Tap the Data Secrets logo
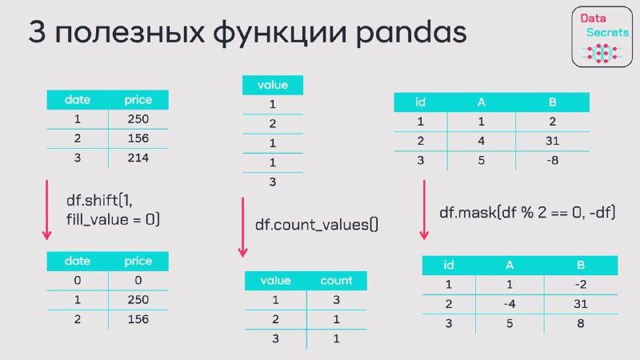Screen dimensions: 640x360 [602, 37]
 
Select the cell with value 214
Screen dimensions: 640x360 [138, 158]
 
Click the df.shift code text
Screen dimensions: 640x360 [113, 210]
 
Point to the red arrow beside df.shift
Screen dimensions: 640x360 [47, 210]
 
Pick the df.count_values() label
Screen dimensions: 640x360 [316, 225]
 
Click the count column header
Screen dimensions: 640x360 [336, 281]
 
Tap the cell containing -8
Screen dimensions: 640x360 [552, 161]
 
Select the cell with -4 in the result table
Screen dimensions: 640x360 [510, 304]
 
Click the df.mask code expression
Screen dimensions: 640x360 [527, 213]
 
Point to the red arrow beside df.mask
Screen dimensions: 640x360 [424, 210]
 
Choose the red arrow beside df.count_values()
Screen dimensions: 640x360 [243, 227]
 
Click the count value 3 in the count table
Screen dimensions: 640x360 [336, 300]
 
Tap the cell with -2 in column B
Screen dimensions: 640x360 [581, 285]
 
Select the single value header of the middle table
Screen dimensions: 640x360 [273, 85]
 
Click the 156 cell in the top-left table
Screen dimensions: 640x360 [138, 138]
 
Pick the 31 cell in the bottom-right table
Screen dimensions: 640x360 [581, 304]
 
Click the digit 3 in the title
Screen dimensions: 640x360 [37, 32]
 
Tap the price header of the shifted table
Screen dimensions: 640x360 [138, 261]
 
